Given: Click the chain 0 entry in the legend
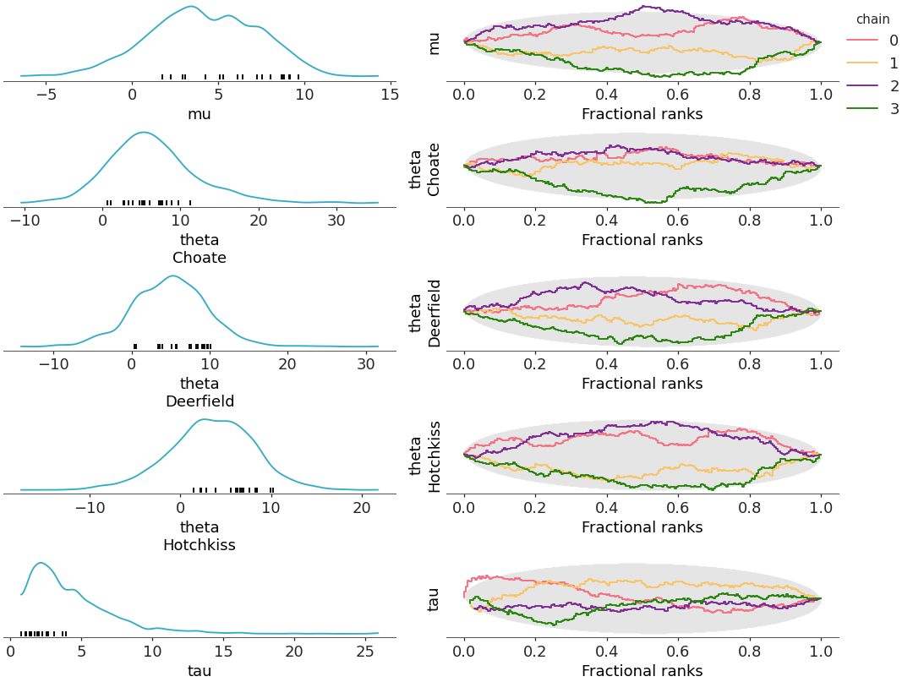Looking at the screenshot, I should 875,41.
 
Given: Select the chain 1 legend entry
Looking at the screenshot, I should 875,63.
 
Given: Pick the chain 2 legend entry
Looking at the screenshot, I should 875,86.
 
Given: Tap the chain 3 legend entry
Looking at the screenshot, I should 875,109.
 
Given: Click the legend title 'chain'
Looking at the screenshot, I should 872,19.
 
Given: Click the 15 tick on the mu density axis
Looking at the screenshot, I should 390,95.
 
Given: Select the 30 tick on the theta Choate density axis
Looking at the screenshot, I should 336,221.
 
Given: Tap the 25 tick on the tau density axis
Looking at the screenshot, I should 364,652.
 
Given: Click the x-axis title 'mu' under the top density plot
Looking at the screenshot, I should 200,114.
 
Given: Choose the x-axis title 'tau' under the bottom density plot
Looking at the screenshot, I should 200,671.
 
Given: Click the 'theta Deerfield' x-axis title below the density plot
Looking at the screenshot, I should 200,392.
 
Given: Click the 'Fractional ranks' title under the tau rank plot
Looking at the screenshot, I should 642,671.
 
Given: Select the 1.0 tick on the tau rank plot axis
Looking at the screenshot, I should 820,652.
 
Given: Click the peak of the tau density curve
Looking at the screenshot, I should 39,563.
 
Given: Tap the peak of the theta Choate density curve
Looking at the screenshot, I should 144,133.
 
